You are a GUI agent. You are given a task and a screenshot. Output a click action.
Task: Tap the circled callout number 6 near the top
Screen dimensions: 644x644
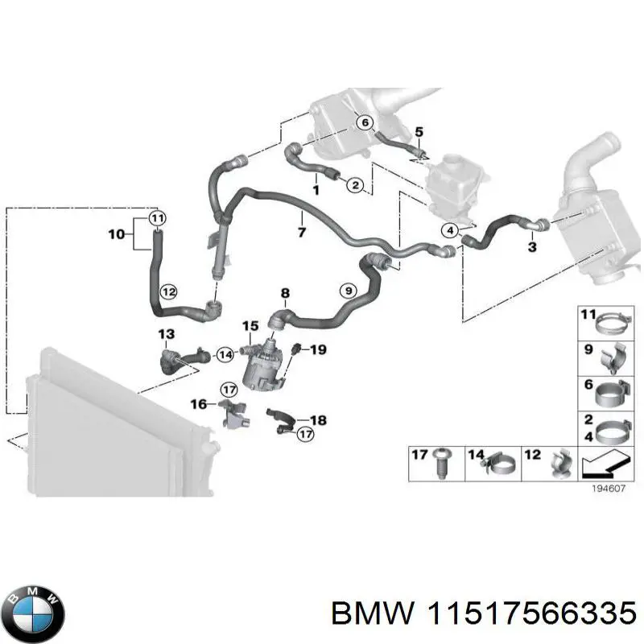pyautogui.click(x=364, y=122)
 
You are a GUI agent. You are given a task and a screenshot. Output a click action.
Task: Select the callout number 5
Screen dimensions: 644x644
pyautogui.click(x=418, y=131)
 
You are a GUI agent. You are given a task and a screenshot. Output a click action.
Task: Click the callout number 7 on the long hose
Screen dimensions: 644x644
pyautogui.click(x=302, y=233)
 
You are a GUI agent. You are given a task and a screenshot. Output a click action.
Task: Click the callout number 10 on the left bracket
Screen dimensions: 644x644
pyautogui.click(x=117, y=234)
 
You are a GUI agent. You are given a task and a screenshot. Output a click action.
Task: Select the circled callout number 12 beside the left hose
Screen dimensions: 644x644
pyautogui.click(x=167, y=291)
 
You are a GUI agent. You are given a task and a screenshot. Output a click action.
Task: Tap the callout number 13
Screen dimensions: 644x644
pyautogui.click(x=166, y=333)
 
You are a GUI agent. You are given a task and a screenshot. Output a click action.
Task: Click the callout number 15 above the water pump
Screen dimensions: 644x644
pyautogui.click(x=250, y=326)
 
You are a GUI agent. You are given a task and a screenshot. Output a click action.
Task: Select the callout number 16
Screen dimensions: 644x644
pyautogui.click(x=198, y=403)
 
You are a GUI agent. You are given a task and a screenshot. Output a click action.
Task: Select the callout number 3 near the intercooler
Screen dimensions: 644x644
pyautogui.click(x=532, y=247)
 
